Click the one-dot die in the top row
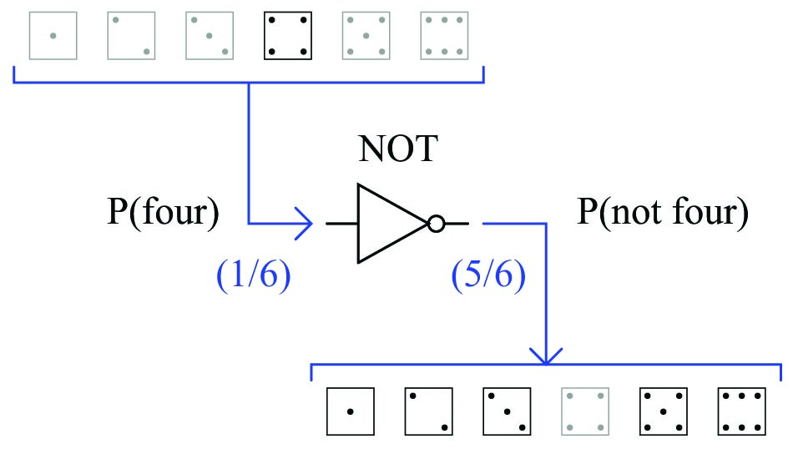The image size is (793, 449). [53, 36]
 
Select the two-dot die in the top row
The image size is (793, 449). [132, 36]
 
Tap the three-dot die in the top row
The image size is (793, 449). [210, 36]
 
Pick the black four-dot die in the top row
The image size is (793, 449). [288, 36]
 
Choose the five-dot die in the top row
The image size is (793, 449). [366, 36]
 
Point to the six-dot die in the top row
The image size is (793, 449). [444, 36]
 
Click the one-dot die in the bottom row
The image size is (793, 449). [351, 411]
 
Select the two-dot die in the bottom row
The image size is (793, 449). [429, 411]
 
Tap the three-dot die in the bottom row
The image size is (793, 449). [507, 411]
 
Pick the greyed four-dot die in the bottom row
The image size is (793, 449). [585, 411]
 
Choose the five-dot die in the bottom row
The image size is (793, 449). [664, 411]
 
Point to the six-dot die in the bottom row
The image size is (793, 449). [741, 411]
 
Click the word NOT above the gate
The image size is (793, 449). [398, 149]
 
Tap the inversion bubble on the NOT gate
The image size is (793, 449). [436, 224]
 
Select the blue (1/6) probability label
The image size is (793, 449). [254, 275]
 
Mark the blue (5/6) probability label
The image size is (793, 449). [488, 275]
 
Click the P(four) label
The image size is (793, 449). [164, 211]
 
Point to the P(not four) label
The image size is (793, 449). [663, 211]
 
